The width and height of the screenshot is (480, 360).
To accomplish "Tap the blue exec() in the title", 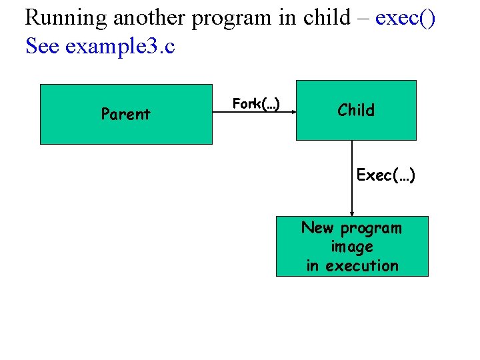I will (x=405, y=18).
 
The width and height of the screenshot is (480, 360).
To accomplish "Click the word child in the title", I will (x=326, y=18).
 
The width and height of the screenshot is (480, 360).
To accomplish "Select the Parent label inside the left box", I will (x=125, y=114).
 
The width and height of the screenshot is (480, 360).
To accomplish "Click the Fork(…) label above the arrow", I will (x=256, y=103).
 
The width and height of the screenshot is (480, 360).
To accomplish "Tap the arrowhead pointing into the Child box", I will (x=293, y=113).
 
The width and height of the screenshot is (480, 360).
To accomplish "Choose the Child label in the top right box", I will (x=356, y=110).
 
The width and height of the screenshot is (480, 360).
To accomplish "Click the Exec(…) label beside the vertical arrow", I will (x=386, y=175).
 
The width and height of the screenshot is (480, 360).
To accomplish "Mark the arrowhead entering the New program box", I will (x=352, y=213).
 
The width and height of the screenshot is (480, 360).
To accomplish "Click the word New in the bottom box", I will (x=317, y=228).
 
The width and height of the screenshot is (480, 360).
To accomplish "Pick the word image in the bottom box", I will (x=352, y=247).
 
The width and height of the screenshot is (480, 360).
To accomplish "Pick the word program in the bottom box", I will (x=371, y=229).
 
